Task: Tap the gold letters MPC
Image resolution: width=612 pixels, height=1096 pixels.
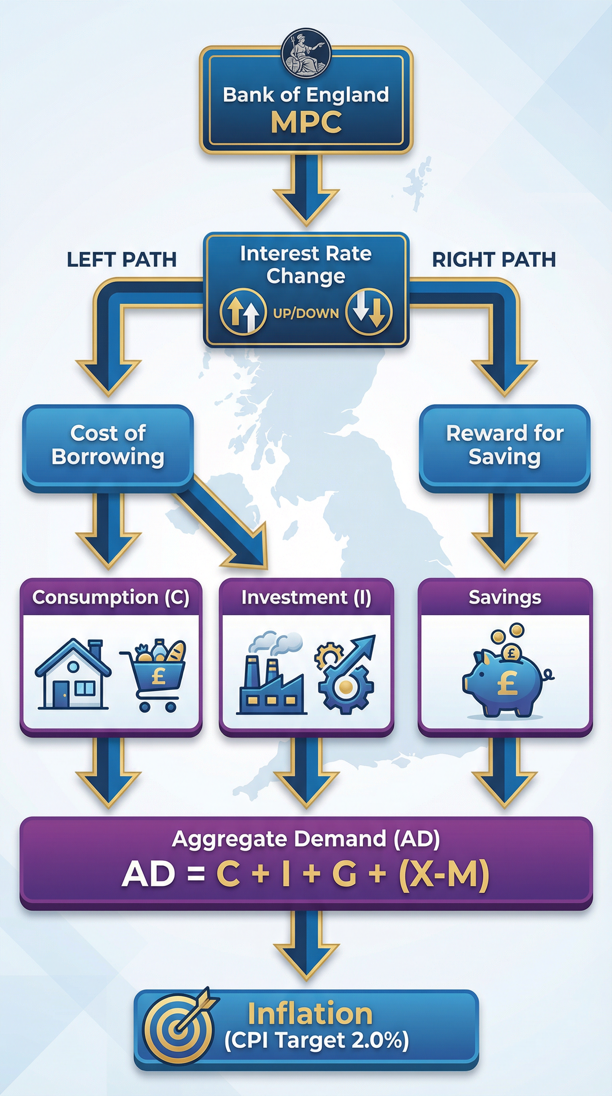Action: [306, 123]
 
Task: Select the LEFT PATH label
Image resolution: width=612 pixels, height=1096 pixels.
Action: [122, 260]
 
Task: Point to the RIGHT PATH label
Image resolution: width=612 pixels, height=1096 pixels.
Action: [494, 260]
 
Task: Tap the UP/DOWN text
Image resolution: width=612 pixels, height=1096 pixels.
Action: [306, 313]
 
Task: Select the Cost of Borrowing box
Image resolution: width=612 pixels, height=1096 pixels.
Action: [108, 446]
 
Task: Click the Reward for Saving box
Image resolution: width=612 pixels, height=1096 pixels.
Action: [504, 446]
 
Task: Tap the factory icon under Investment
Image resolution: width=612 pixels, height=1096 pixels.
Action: [271, 674]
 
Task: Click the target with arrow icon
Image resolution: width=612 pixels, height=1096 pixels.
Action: [179, 1029]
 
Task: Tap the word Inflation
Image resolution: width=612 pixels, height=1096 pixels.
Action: [310, 1015]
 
